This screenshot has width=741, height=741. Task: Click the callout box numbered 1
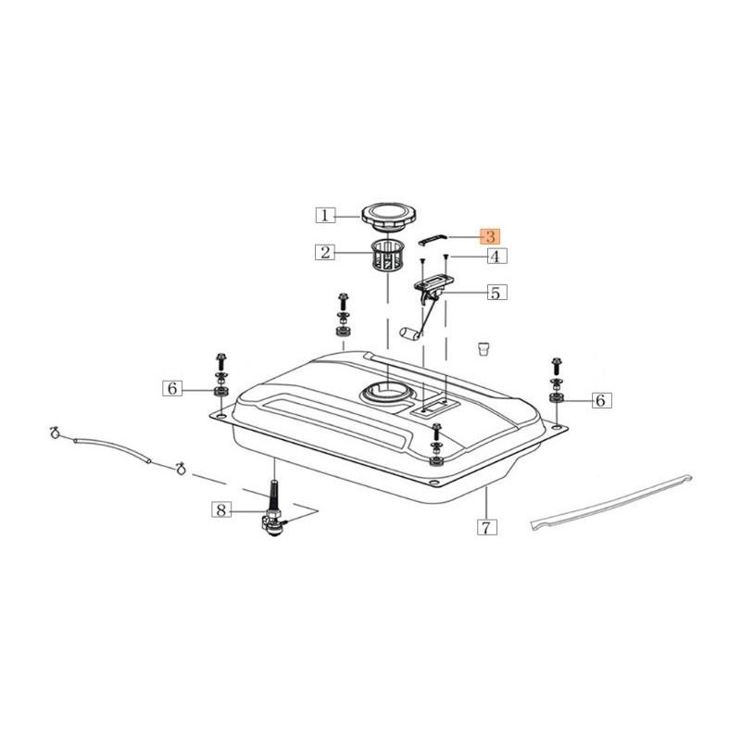pyautogui.click(x=325, y=216)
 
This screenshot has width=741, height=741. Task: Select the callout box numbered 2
pyautogui.click(x=325, y=252)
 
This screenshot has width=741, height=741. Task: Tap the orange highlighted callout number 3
pyautogui.click(x=491, y=236)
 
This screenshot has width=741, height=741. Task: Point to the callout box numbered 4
pyautogui.click(x=495, y=257)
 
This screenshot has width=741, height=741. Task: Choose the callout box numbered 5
pyautogui.click(x=496, y=293)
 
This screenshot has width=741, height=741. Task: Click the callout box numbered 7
pyautogui.click(x=487, y=526)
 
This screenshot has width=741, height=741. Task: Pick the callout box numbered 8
pyautogui.click(x=221, y=510)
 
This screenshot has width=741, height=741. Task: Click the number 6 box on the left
pyautogui.click(x=172, y=388)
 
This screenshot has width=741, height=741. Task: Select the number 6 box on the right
pyautogui.click(x=600, y=400)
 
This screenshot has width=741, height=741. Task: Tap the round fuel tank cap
pyautogui.click(x=383, y=217)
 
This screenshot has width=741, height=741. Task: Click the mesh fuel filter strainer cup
pyautogui.click(x=386, y=257)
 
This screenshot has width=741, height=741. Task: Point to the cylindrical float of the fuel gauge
pyautogui.click(x=409, y=333)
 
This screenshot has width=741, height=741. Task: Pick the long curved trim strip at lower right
pyautogui.click(x=611, y=503)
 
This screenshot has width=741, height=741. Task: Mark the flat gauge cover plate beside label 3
pyautogui.click(x=433, y=240)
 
